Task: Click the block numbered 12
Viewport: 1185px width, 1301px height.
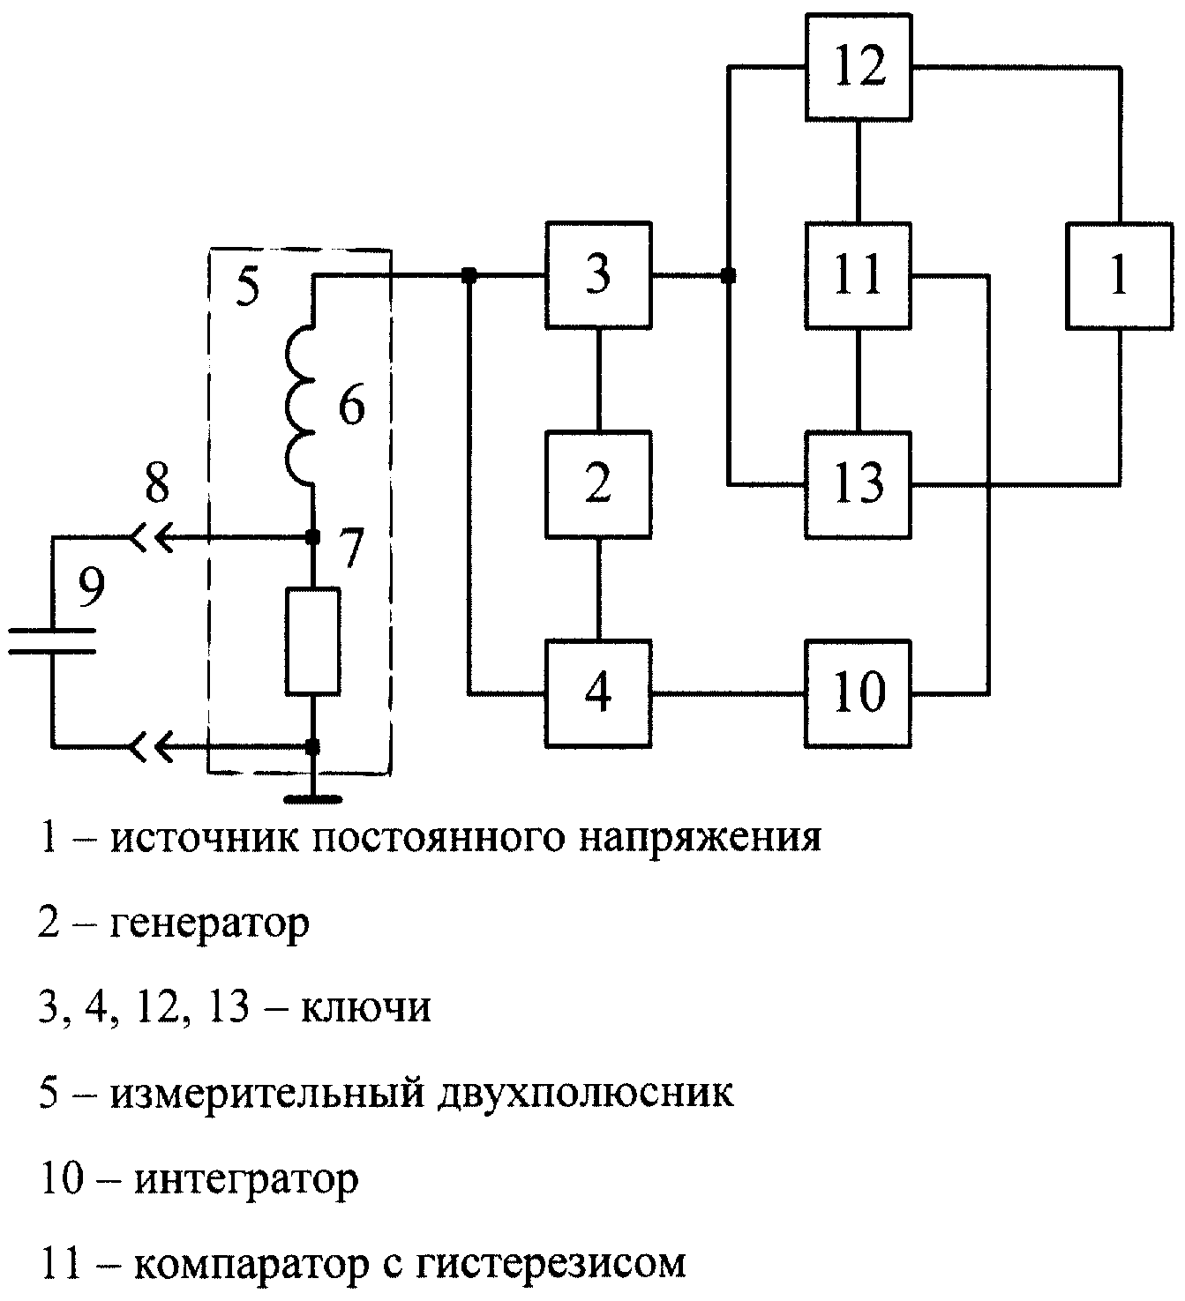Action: coord(858,67)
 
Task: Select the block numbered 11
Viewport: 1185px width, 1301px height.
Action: coord(858,275)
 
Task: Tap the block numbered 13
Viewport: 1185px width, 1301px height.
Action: coord(858,484)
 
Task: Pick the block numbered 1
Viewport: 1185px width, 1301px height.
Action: coord(1119,276)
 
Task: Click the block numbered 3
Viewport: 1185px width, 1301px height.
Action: coord(598,275)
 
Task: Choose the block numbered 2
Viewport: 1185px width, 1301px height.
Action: coord(598,484)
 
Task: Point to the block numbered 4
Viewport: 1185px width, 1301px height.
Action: coord(598,693)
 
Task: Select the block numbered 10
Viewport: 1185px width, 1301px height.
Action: coord(858,693)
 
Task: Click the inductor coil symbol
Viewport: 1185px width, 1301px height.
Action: coord(300,405)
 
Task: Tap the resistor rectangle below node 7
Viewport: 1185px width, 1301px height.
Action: coord(313,641)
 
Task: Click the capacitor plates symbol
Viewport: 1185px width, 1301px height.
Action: coord(52,640)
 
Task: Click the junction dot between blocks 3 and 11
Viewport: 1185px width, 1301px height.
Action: coord(728,275)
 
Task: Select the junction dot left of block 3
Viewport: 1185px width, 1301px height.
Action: coord(469,275)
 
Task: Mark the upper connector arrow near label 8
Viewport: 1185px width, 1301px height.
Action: coord(154,537)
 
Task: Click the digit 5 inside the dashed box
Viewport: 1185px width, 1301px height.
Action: coord(247,285)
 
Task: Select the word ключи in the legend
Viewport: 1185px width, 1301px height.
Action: coord(366,1007)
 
